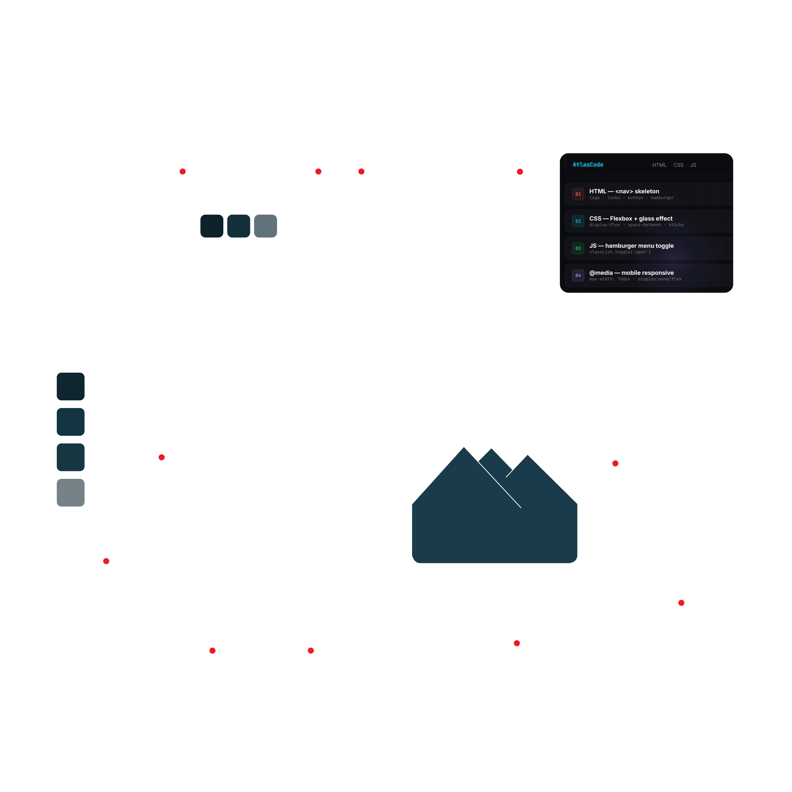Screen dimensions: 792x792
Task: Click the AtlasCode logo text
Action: (x=588, y=165)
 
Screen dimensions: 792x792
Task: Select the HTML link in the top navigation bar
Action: (x=659, y=165)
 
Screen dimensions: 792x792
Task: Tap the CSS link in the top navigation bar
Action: (x=678, y=165)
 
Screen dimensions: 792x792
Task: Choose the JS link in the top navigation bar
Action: (x=693, y=165)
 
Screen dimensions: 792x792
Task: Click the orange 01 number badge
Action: (x=578, y=194)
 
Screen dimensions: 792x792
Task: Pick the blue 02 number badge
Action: (x=578, y=221)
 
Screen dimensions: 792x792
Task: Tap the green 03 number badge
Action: (x=578, y=248)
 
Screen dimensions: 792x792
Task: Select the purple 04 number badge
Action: (x=578, y=275)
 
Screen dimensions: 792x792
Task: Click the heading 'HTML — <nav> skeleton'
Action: (x=624, y=191)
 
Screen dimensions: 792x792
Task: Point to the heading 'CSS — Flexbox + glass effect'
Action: (x=631, y=218)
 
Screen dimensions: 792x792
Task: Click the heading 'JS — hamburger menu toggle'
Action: (x=631, y=246)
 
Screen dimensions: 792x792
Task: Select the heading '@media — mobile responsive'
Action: (x=631, y=273)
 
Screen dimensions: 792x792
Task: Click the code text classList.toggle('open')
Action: (x=620, y=252)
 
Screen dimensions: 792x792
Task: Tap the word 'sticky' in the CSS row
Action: (x=676, y=225)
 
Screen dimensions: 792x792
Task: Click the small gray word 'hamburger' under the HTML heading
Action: (x=662, y=198)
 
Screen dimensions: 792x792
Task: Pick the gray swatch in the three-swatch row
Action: (x=266, y=226)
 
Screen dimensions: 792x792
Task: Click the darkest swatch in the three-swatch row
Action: (x=212, y=226)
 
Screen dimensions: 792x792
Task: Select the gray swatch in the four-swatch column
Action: (x=71, y=493)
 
